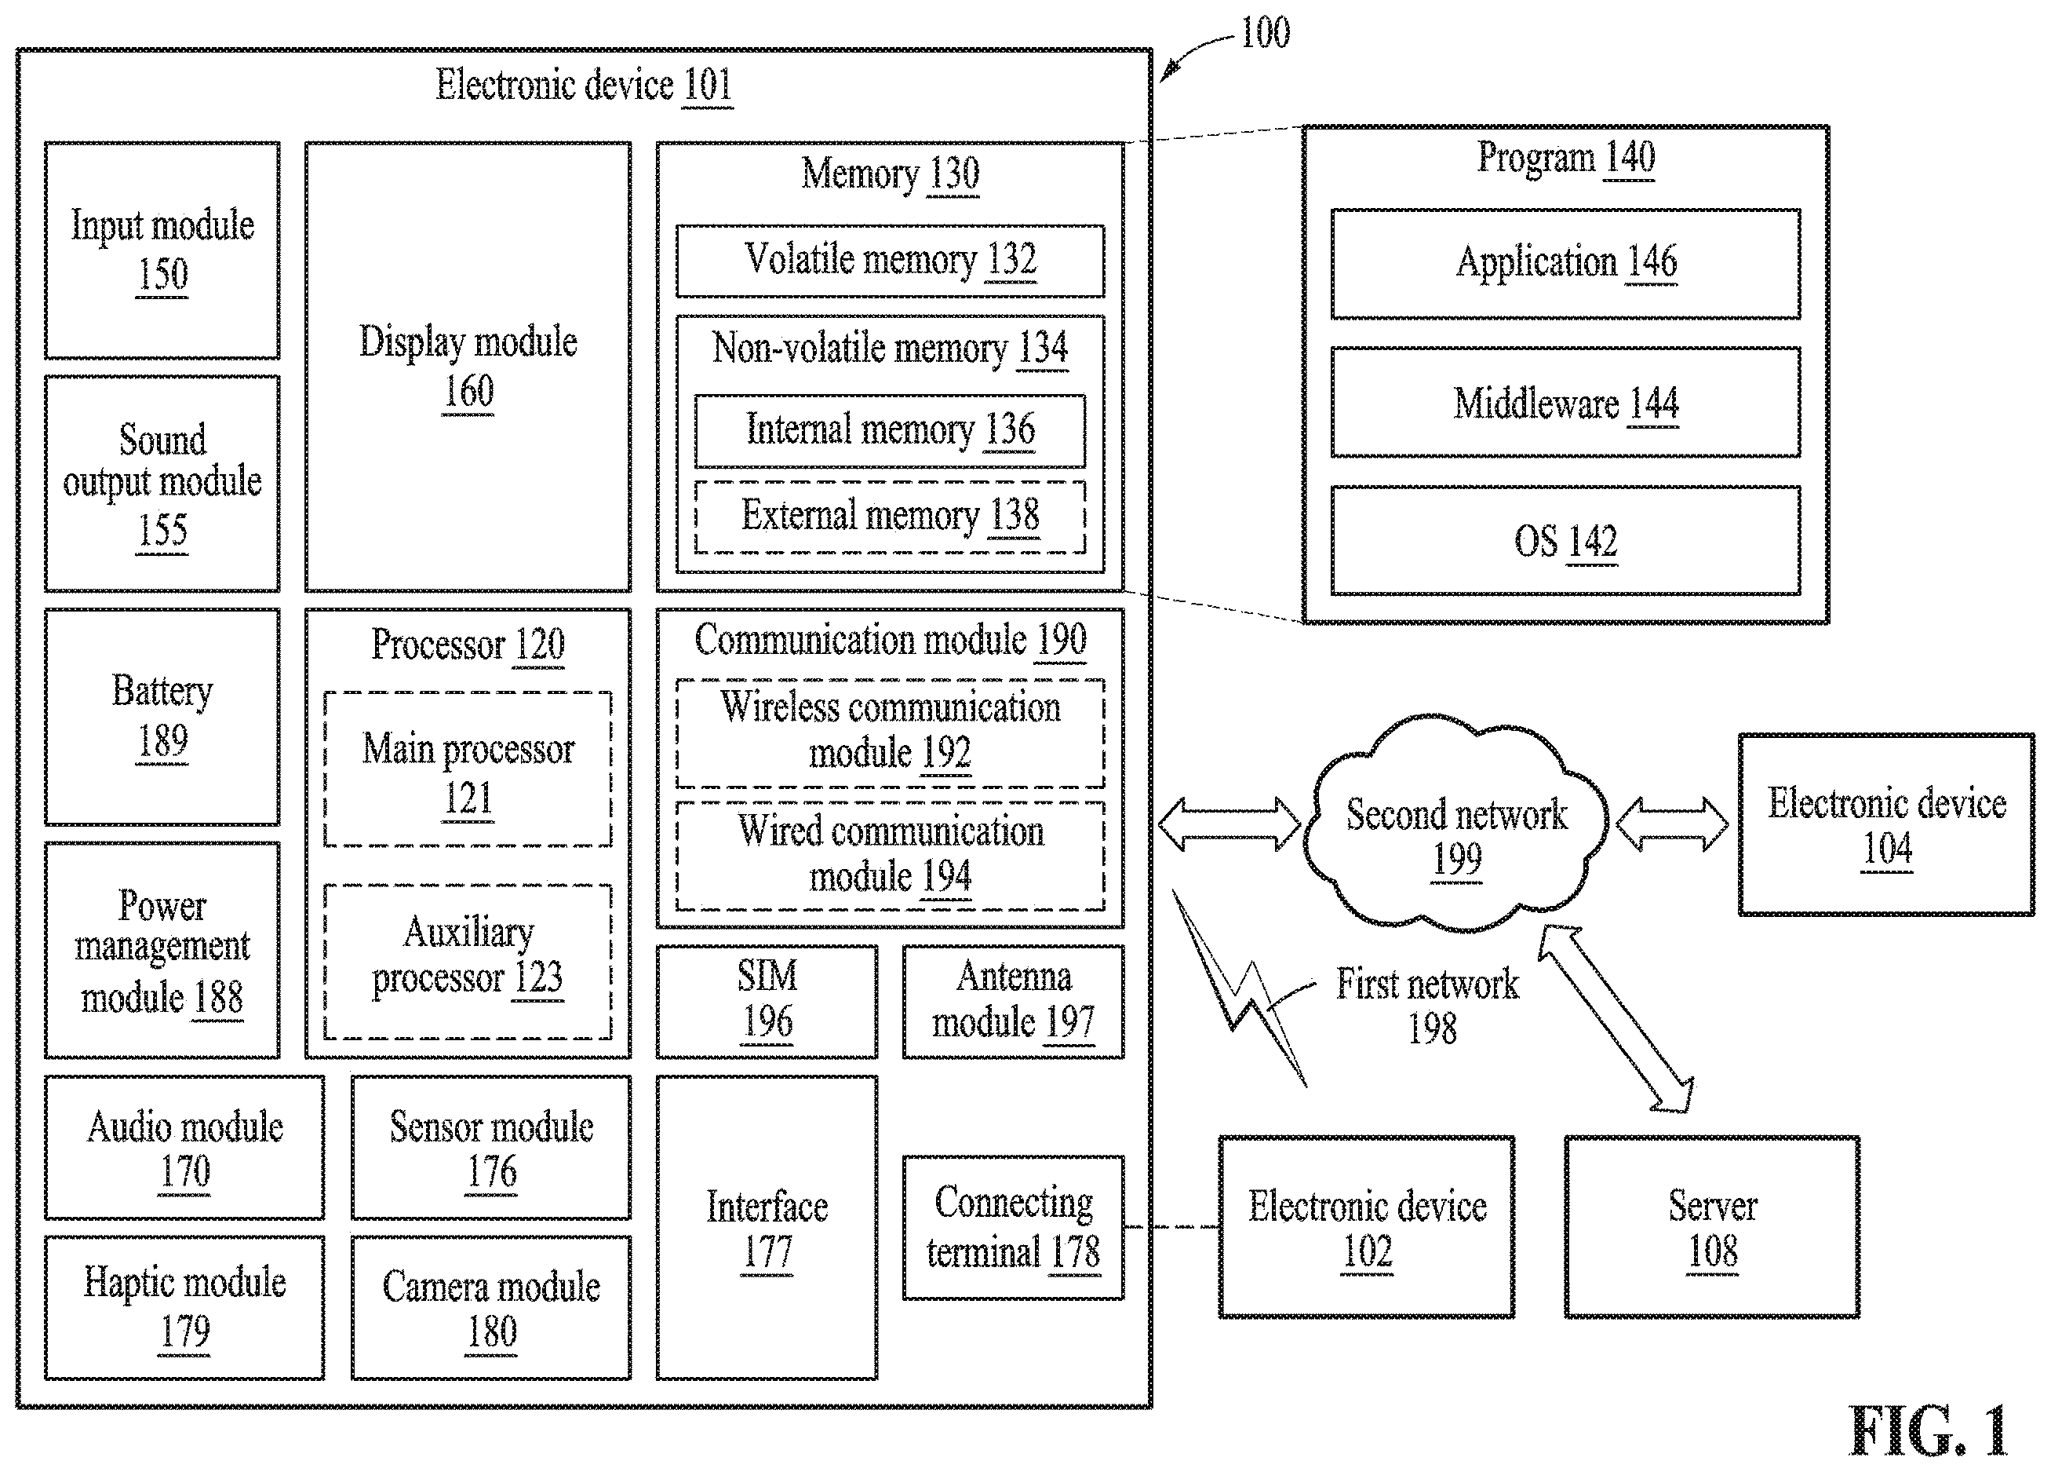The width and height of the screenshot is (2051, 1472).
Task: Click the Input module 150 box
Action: [x=162, y=250]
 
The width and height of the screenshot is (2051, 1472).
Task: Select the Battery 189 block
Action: [x=162, y=717]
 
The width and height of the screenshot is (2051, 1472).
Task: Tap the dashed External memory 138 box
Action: [x=890, y=517]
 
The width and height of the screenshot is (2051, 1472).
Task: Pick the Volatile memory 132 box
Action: [x=890, y=261]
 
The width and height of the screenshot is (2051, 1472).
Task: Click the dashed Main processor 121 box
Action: [x=468, y=770]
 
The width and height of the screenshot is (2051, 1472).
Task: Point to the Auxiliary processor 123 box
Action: [x=468, y=962]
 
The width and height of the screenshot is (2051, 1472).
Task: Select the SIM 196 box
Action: [x=767, y=1002]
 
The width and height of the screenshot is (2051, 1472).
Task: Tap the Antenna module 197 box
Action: [x=1013, y=1002]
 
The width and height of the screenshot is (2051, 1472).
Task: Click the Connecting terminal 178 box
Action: [x=1013, y=1228]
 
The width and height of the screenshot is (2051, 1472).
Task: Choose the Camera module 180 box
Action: [x=491, y=1307]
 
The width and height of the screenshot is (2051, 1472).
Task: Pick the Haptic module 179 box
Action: [x=184, y=1307]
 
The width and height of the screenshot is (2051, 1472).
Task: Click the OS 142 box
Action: [x=1565, y=541]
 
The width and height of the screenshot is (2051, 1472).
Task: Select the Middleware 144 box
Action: [x=1565, y=403]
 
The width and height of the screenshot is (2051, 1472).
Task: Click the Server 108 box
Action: [x=1712, y=1227]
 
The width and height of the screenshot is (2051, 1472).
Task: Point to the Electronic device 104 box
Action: [x=1886, y=824]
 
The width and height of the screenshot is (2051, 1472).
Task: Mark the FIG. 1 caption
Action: [x=1927, y=1431]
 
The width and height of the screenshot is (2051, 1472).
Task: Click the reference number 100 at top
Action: [x=1265, y=34]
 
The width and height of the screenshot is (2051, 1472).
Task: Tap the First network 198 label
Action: [x=1428, y=1005]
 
